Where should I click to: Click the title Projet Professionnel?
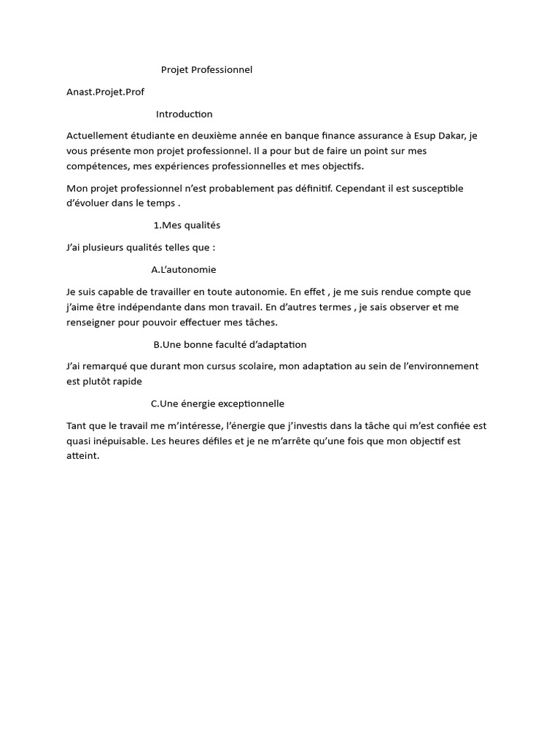[206, 70]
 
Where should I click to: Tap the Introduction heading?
[184, 114]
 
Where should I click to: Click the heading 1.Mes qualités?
[187, 225]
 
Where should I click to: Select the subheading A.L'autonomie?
[184, 269]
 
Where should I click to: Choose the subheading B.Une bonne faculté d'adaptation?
[230, 344]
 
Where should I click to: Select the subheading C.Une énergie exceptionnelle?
[217, 403]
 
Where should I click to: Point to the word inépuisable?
[119, 441]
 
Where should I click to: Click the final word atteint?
[82, 456]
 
